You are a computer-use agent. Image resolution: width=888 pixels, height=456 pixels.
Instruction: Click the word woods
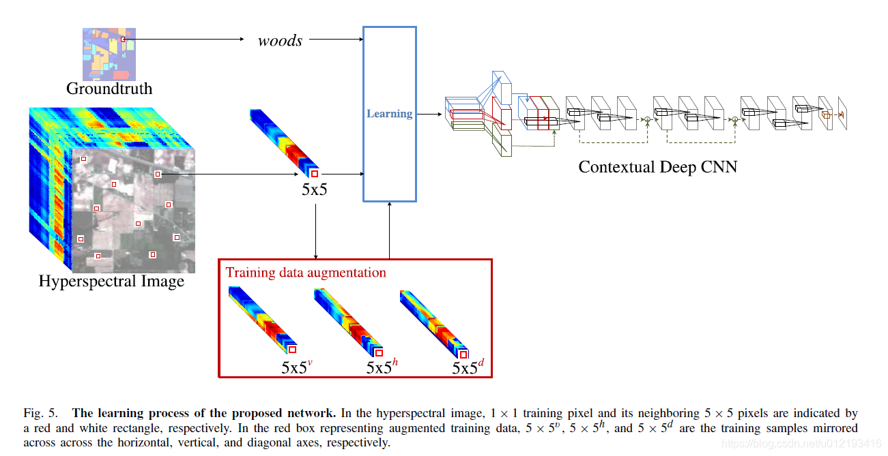280,40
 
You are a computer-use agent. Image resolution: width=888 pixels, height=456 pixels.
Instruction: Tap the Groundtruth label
109,89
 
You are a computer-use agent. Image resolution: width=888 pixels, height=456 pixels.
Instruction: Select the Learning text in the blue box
389,114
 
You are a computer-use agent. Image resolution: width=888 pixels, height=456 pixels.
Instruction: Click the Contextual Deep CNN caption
658,167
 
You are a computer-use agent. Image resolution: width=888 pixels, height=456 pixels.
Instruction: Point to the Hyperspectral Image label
111,281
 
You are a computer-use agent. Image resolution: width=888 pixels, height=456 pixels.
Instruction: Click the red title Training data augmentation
306,273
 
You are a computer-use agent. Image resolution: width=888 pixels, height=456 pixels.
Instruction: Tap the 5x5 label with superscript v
297,367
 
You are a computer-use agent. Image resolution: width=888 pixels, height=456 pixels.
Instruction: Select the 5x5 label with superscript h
382,367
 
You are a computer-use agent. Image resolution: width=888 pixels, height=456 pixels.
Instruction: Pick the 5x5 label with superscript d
468,367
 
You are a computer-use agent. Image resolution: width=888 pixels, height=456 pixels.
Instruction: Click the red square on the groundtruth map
123,39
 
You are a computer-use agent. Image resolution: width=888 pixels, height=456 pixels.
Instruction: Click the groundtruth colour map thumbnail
109,55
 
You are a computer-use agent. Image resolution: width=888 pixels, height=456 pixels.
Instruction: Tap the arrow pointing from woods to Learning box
336,39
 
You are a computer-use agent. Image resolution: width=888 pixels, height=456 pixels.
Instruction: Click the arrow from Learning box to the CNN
429,114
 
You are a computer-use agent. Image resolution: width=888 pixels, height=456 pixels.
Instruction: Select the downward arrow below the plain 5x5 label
315,232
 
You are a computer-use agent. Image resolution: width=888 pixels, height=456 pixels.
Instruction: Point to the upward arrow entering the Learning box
389,231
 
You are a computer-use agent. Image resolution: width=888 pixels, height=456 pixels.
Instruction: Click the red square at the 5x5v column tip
293,350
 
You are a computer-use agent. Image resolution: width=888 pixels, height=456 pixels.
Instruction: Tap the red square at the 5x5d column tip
463,354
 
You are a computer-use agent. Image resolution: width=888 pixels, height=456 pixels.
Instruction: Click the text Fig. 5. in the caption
40,413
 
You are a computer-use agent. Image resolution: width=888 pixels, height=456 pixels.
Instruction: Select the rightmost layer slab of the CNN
842,113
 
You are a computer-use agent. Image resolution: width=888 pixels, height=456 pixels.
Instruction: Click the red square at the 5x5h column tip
379,352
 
